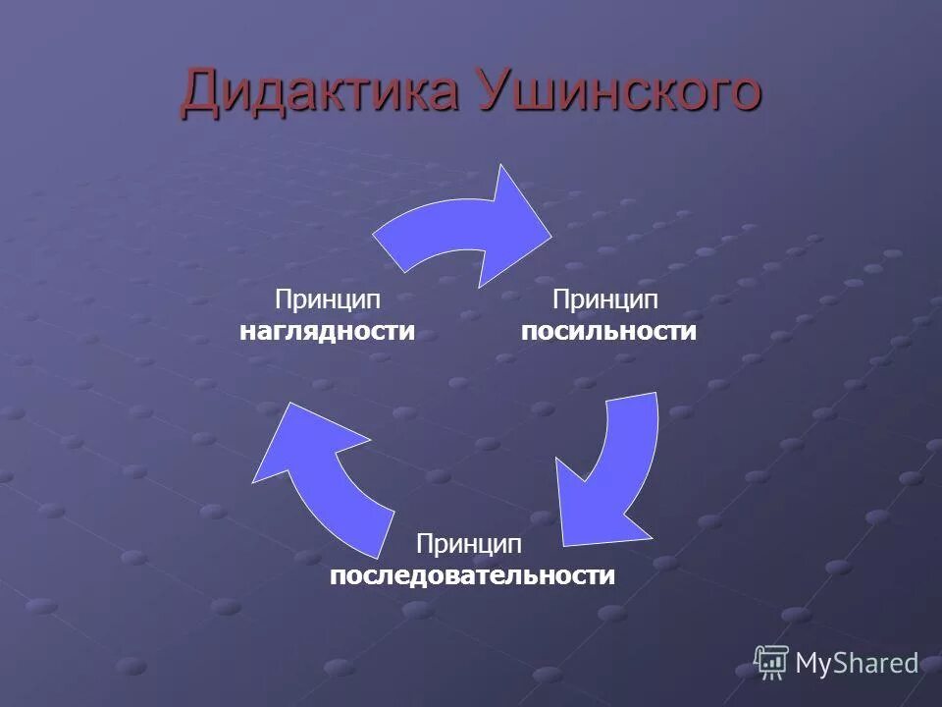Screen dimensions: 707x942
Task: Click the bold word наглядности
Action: pos(327,331)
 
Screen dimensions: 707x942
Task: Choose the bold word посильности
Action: pos(608,331)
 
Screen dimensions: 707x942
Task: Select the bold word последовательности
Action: pos(472,574)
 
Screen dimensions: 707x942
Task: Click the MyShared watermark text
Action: pos(857,664)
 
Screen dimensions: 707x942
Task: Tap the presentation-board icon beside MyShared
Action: pos(771,663)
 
